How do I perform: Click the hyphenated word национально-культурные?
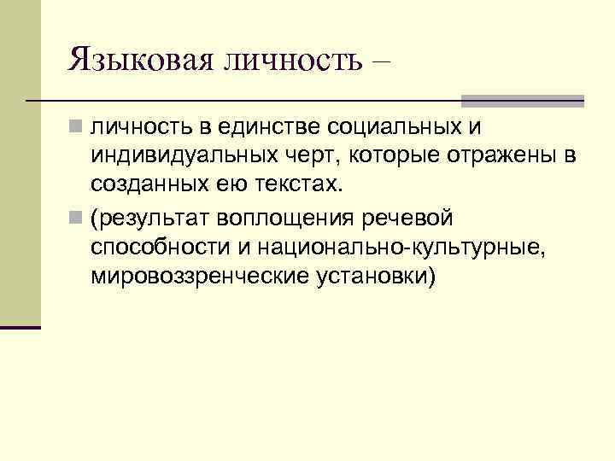click(395, 248)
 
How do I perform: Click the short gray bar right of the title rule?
click(523, 100)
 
